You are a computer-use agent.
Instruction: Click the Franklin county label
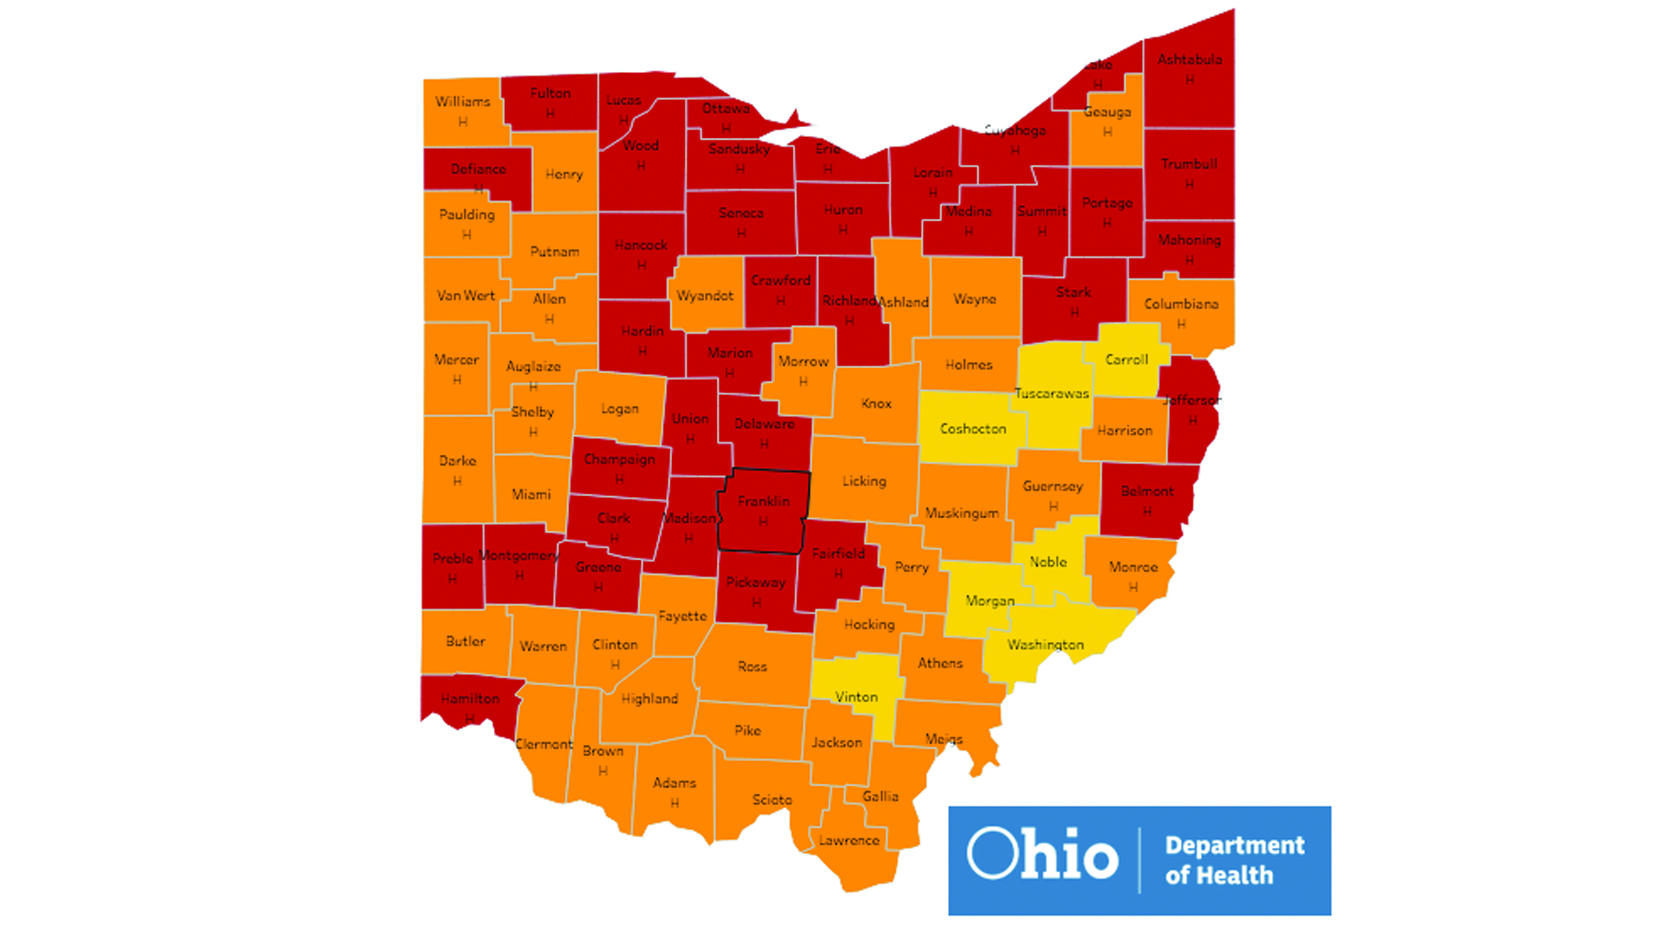(x=763, y=501)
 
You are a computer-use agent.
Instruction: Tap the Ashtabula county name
(x=1189, y=60)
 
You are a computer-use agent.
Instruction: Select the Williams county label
(x=463, y=102)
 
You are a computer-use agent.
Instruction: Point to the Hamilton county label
(x=470, y=699)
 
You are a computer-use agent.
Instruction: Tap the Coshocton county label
(x=972, y=429)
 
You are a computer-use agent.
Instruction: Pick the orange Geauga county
(x=1106, y=126)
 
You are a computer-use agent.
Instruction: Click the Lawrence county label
(x=849, y=841)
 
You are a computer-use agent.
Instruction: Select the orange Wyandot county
(x=705, y=295)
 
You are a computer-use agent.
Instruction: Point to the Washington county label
(x=1045, y=645)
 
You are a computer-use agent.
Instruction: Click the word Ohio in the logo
(x=1042, y=854)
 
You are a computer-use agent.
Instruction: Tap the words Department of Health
(x=1234, y=860)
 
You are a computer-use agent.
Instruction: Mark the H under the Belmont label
(x=1147, y=512)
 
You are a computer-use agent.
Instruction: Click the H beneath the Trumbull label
(x=1189, y=184)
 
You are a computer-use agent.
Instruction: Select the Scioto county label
(x=772, y=800)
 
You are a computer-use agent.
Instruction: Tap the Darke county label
(x=457, y=460)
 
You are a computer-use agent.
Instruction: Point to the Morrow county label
(x=803, y=361)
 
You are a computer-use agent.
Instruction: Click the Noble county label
(x=1048, y=562)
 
